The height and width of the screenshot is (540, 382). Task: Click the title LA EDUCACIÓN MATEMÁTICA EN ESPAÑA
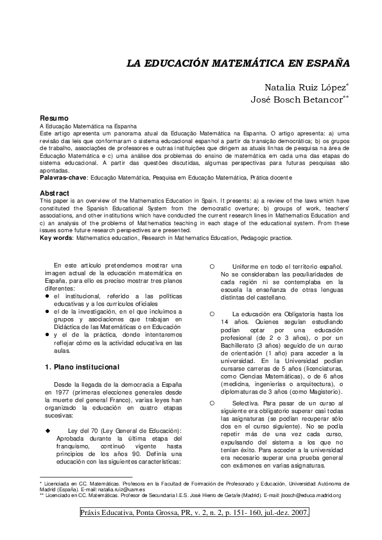click(238, 65)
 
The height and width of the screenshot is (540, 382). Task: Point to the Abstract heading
click(55, 193)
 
